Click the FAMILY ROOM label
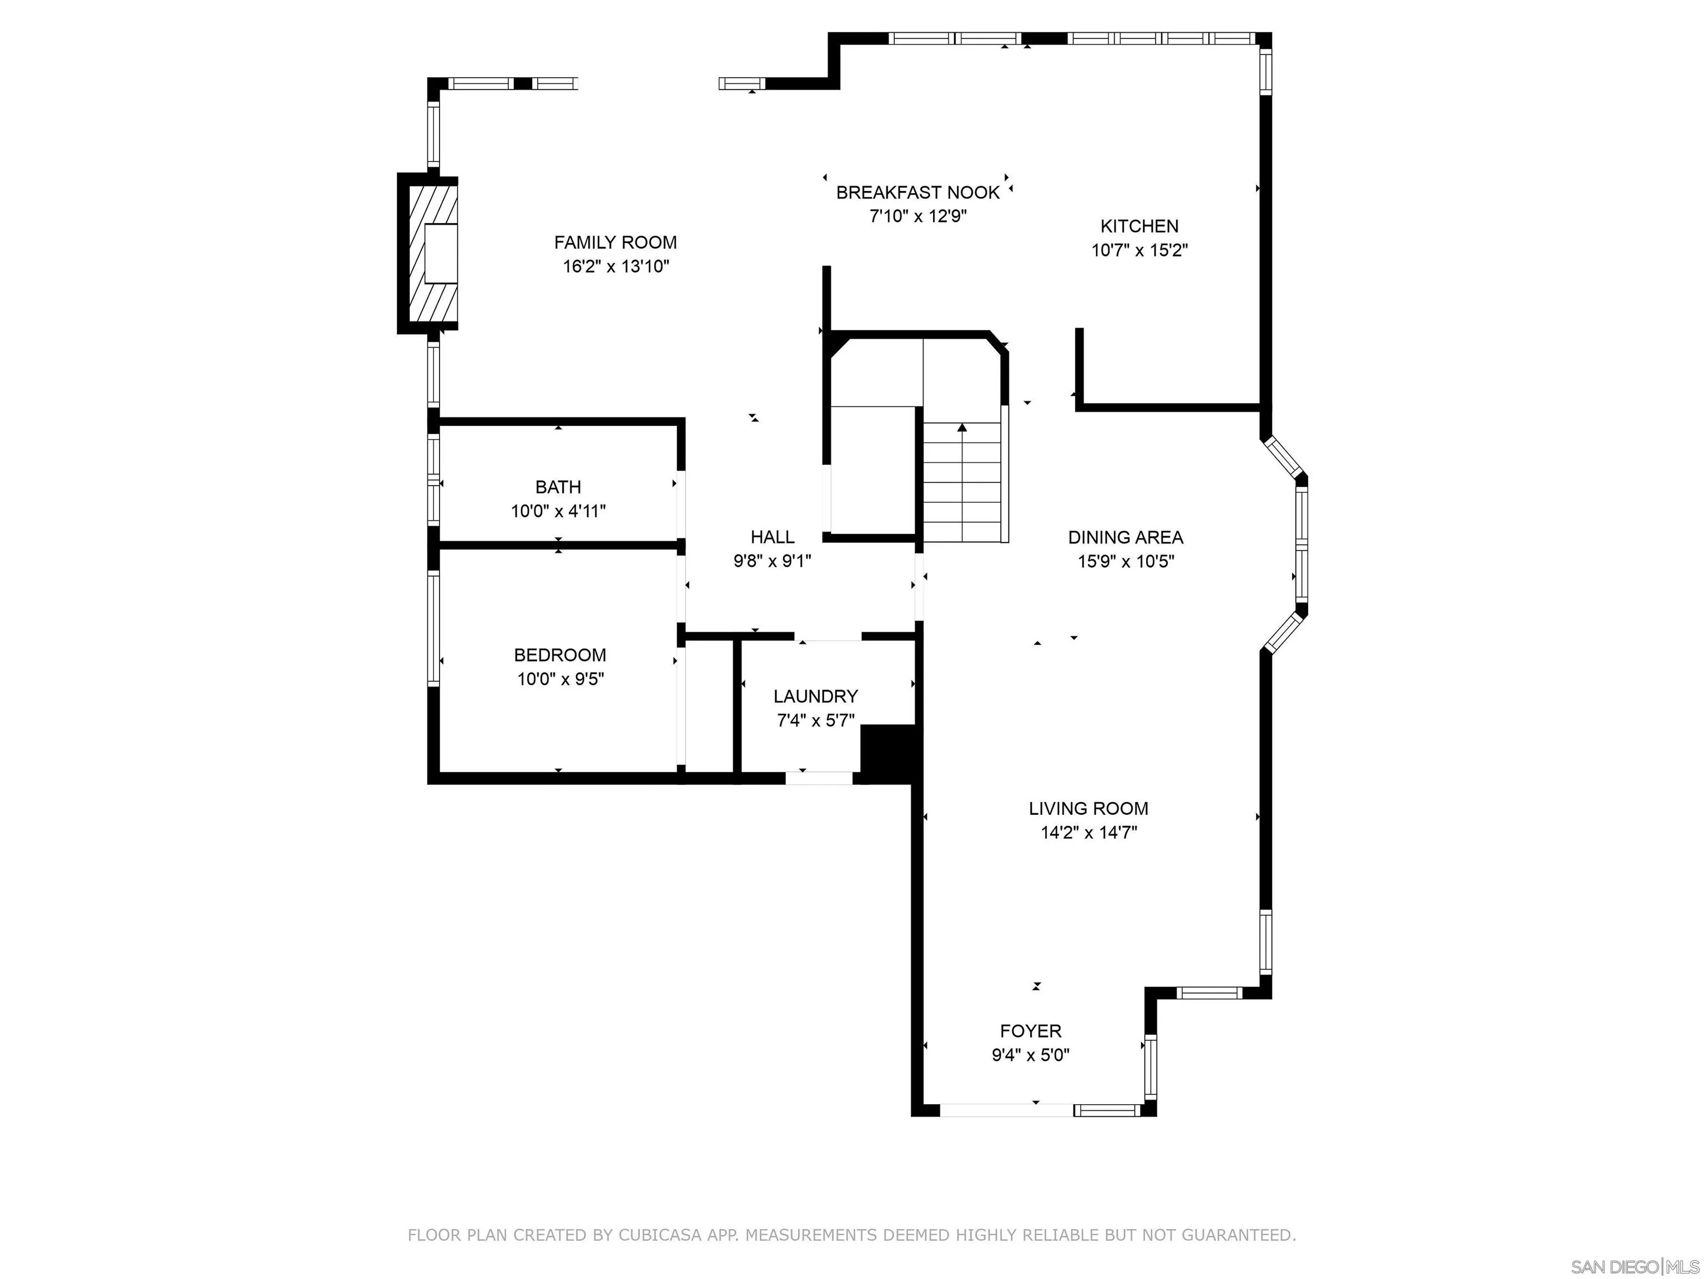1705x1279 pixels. click(615, 242)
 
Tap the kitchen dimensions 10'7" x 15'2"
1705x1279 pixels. click(1139, 250)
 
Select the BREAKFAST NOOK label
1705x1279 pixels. click(917, 192)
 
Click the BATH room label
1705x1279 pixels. click(558, 486)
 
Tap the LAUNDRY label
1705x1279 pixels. click(815, 696)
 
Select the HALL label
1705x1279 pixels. click(773, 537)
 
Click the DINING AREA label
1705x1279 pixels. click(1126, 537)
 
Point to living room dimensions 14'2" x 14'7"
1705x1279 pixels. click(1088, 833)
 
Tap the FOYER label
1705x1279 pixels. click(1031, 1031)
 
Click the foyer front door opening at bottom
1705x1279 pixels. click(1005, 1110)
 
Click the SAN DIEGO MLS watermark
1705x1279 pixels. click(1634, 1267)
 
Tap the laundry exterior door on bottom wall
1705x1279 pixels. click(819, 778)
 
